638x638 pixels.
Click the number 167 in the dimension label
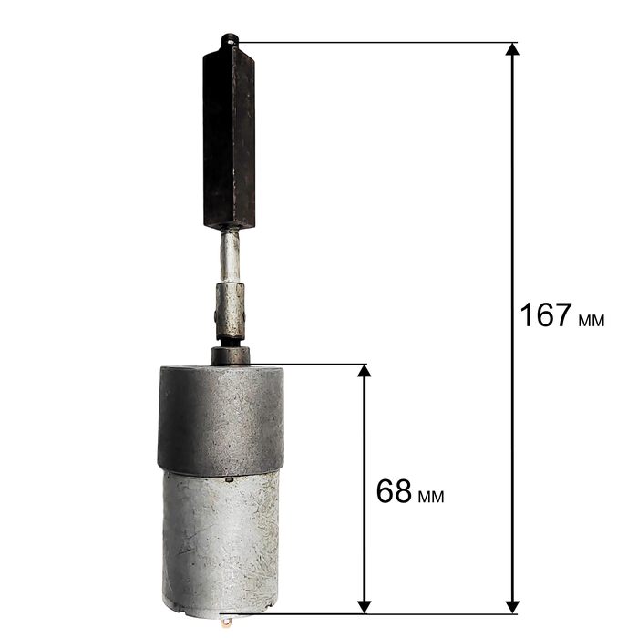click(546, 315)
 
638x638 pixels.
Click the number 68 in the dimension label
click(394, 491)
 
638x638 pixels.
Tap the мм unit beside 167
click(592, 320)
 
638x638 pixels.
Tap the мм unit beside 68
click(431, 497)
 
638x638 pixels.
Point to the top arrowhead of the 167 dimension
click(512, 49)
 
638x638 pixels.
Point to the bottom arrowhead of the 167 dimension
click(512, 607)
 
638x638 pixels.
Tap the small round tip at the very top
click(229, 40)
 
